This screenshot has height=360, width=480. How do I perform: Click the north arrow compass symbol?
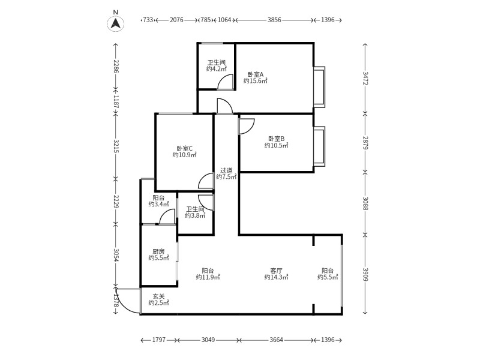pyautogui.click(x=115, y=23)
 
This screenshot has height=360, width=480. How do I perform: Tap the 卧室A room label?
pyautogui.click(x=256, y=74)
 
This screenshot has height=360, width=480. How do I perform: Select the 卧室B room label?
pyautogui.click(x=277, y=139)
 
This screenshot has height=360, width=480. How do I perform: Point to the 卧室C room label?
pyautogui.click(x=184, y=148)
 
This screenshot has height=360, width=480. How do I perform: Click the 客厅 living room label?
pyautogui.click(x=276, y=271)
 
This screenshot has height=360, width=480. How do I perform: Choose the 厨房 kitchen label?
pyautogui.click(x=158, y=251)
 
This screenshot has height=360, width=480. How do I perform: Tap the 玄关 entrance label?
pyautogui.click(x=158, y=296)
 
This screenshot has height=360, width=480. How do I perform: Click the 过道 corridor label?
pyautogui.click(x=226, y=170)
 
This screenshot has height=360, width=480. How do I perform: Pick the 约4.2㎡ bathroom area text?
pyautogui.click(x=217, y=69)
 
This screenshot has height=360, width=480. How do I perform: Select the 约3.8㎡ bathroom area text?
pyautogui.click(x=195, y=215)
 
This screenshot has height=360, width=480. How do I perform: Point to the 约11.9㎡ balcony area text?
pyautogui.click(x=208, y=277)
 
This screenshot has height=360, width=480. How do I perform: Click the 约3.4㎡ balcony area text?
pyautogui.click(x=158, y=204)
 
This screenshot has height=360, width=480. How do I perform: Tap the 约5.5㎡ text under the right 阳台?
pyautogui.click(x=328, y=277)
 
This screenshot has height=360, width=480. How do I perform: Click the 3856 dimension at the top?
pyautogui.click(x=274, y=20)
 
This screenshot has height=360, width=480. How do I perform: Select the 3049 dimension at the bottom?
pyautogui.click(x=208, y=340)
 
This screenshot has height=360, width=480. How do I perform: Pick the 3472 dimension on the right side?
pyautogui.click(x=365, y=79)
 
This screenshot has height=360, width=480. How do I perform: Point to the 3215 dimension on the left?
pyautogui.click(x=116, y=146)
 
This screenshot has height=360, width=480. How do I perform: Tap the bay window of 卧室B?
pyautogui.click(x=319, y=146)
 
